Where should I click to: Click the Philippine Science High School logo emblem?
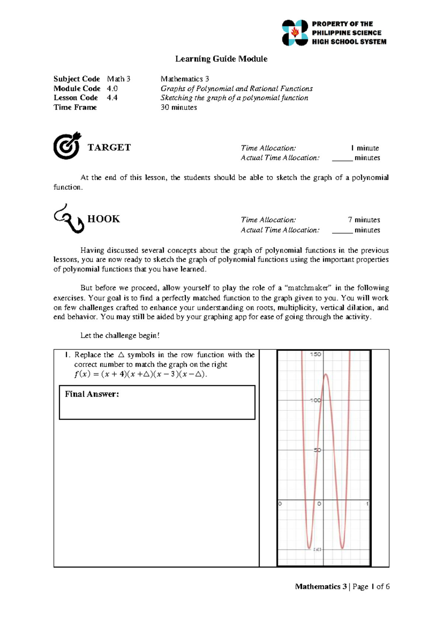coord(295,33)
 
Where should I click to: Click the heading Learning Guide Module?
coord(221,59)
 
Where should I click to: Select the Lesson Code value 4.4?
coord(112,98)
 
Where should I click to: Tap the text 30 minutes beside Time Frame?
coord(179,107)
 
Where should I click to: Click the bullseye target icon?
coord(67,146)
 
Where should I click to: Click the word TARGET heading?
coord(109,148)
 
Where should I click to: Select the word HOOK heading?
coord(104,219)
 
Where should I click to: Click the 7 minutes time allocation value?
coord(364,220)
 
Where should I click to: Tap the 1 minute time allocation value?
coord(365,148)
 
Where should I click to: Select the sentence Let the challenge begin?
coord(120,336)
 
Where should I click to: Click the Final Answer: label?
coord(92,394)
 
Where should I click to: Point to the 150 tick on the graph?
coord(316,354)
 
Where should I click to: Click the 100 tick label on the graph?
coord(316,400)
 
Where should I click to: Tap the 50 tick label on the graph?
coord(317,450)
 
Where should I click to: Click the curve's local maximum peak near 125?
coord(326,375)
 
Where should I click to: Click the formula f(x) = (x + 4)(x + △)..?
coord(141,374)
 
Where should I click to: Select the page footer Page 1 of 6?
coord(371,587)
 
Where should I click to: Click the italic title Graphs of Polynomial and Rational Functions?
coord(236,89)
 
